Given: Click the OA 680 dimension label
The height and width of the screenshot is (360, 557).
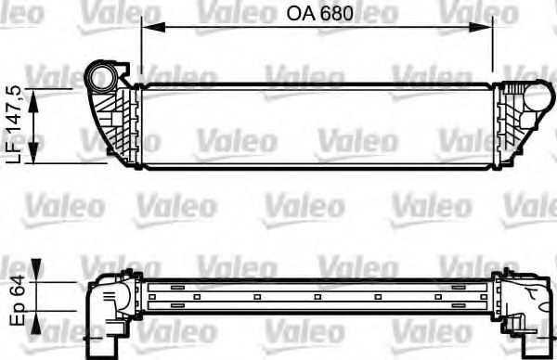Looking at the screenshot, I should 317,14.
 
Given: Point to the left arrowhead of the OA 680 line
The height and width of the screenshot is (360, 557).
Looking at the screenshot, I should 147,27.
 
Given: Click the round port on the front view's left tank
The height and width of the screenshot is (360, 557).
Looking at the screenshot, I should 102,74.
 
